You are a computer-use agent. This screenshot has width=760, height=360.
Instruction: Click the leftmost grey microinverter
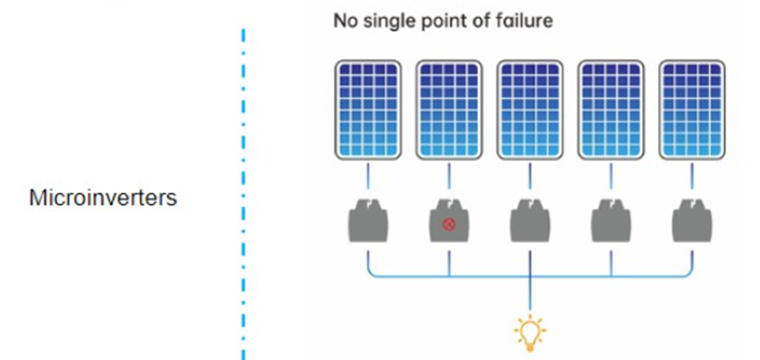coord(368,221)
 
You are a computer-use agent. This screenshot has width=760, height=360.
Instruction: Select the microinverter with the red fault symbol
coord(449,221)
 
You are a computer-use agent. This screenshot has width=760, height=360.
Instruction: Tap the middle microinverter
coord(530,221)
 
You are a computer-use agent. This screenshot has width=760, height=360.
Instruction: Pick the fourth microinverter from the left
coord(611,221)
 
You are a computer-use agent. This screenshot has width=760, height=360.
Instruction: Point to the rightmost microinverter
coord(691,221)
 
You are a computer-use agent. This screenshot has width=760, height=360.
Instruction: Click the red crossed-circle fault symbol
coord(449,225)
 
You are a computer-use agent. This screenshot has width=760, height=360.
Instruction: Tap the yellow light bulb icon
coord(530,332)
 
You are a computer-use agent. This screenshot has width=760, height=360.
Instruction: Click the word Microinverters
coord(104,198)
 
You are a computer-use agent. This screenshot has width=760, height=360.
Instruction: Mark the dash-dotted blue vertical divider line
coord(242,193)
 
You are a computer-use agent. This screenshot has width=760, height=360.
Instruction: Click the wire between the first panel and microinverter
coord(368,179)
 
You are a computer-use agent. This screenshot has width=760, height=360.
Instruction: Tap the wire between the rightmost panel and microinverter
coord(691,179)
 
